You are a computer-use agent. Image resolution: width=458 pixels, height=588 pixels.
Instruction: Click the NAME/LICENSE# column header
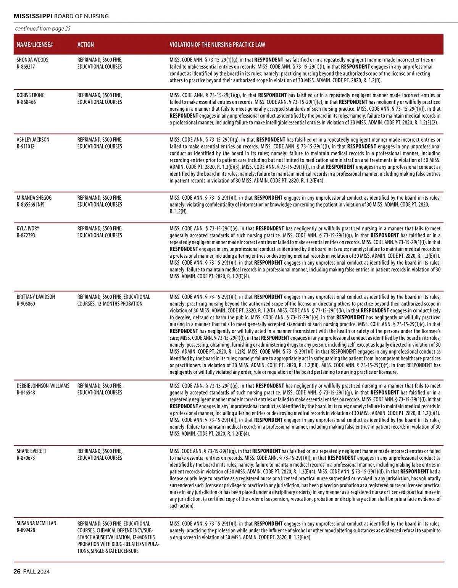click(35, 45)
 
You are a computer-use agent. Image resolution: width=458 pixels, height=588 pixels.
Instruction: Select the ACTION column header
click(85, 45)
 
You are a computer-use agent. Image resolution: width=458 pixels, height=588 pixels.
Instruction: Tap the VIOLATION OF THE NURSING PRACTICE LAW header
click(217, 45)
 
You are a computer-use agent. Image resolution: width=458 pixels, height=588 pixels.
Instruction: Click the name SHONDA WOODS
click(32, 60)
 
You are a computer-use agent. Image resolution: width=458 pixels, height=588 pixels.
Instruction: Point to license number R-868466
click(26, 102)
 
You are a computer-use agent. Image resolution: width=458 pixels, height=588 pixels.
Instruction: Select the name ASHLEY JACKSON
click(33, 140)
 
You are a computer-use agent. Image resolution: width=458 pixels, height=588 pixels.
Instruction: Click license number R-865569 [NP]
click(31, 205)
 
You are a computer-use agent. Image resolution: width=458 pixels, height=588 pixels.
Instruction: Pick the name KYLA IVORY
click(28, 229)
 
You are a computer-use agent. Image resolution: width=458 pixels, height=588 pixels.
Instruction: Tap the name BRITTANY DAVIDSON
click(35, 297)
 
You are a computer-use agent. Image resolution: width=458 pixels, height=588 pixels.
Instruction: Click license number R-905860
click(26, 304)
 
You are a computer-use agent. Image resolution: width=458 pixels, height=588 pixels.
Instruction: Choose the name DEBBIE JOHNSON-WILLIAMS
click(43, 386)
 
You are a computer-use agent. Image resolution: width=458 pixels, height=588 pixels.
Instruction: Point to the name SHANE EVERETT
click(31, 451)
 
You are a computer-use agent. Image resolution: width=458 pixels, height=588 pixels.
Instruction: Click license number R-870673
click(26, 458)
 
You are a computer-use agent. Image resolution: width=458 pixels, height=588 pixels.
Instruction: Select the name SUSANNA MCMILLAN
click(36, 523)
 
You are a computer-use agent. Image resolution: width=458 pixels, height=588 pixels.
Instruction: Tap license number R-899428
click(26, 530)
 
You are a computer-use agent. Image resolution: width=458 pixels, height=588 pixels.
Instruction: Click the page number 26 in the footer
click(17, 572)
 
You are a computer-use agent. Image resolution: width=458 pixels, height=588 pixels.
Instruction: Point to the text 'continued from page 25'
click(43, 29)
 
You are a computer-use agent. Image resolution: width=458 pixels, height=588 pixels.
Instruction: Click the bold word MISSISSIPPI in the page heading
click(33, 16)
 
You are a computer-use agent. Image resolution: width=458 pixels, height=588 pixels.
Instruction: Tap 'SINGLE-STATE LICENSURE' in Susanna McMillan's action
click(114, 551)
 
